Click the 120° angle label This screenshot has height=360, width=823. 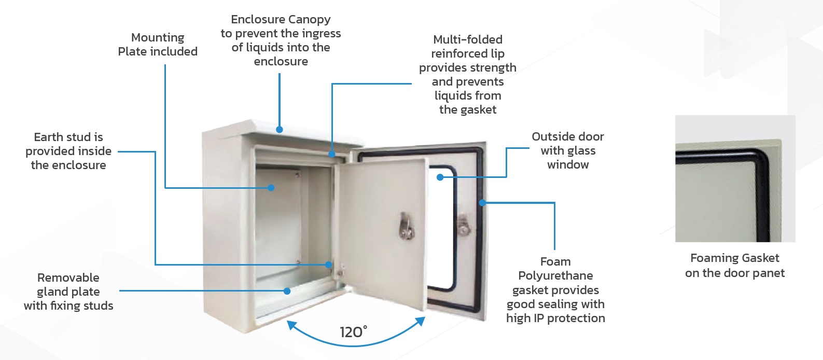pos(353,332)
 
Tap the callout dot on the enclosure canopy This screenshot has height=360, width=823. pos(279,129)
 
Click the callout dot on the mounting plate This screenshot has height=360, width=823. pos(271,188)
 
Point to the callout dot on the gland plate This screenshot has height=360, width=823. pos(287,291)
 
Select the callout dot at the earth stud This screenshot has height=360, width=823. pos(328,265)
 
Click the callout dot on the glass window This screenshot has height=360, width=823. pos(440,177)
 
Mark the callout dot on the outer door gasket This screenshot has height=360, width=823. pos(482,202)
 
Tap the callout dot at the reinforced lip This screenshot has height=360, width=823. pos(332,154)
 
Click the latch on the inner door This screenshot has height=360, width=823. pos(407,226)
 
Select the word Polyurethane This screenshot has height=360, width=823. pos(555,276)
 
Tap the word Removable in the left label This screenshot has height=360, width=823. pos(68,278)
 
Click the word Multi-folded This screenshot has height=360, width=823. pos(468,39)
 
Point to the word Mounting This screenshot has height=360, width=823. pos(158,38)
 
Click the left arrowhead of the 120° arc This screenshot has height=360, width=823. pos(291,325)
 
